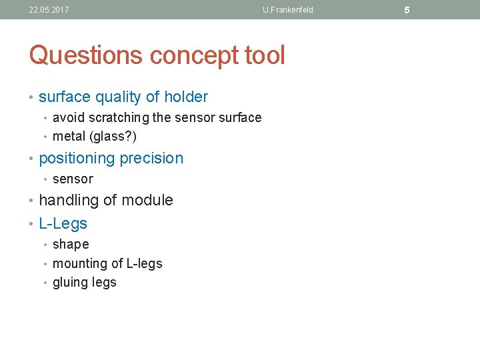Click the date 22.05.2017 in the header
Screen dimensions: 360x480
[49, 10]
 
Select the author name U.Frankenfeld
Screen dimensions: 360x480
[287, 10]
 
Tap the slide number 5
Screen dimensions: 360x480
[407, 10]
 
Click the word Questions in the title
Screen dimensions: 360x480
[86, 55]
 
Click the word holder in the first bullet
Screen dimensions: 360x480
[186, 97]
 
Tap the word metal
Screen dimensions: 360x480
[69, 137]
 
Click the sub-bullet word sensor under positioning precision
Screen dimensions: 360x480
[73, 179]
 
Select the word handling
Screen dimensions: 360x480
[68, 201]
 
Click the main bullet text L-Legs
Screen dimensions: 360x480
[63, 223]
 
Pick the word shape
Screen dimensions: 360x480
[71, 245]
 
